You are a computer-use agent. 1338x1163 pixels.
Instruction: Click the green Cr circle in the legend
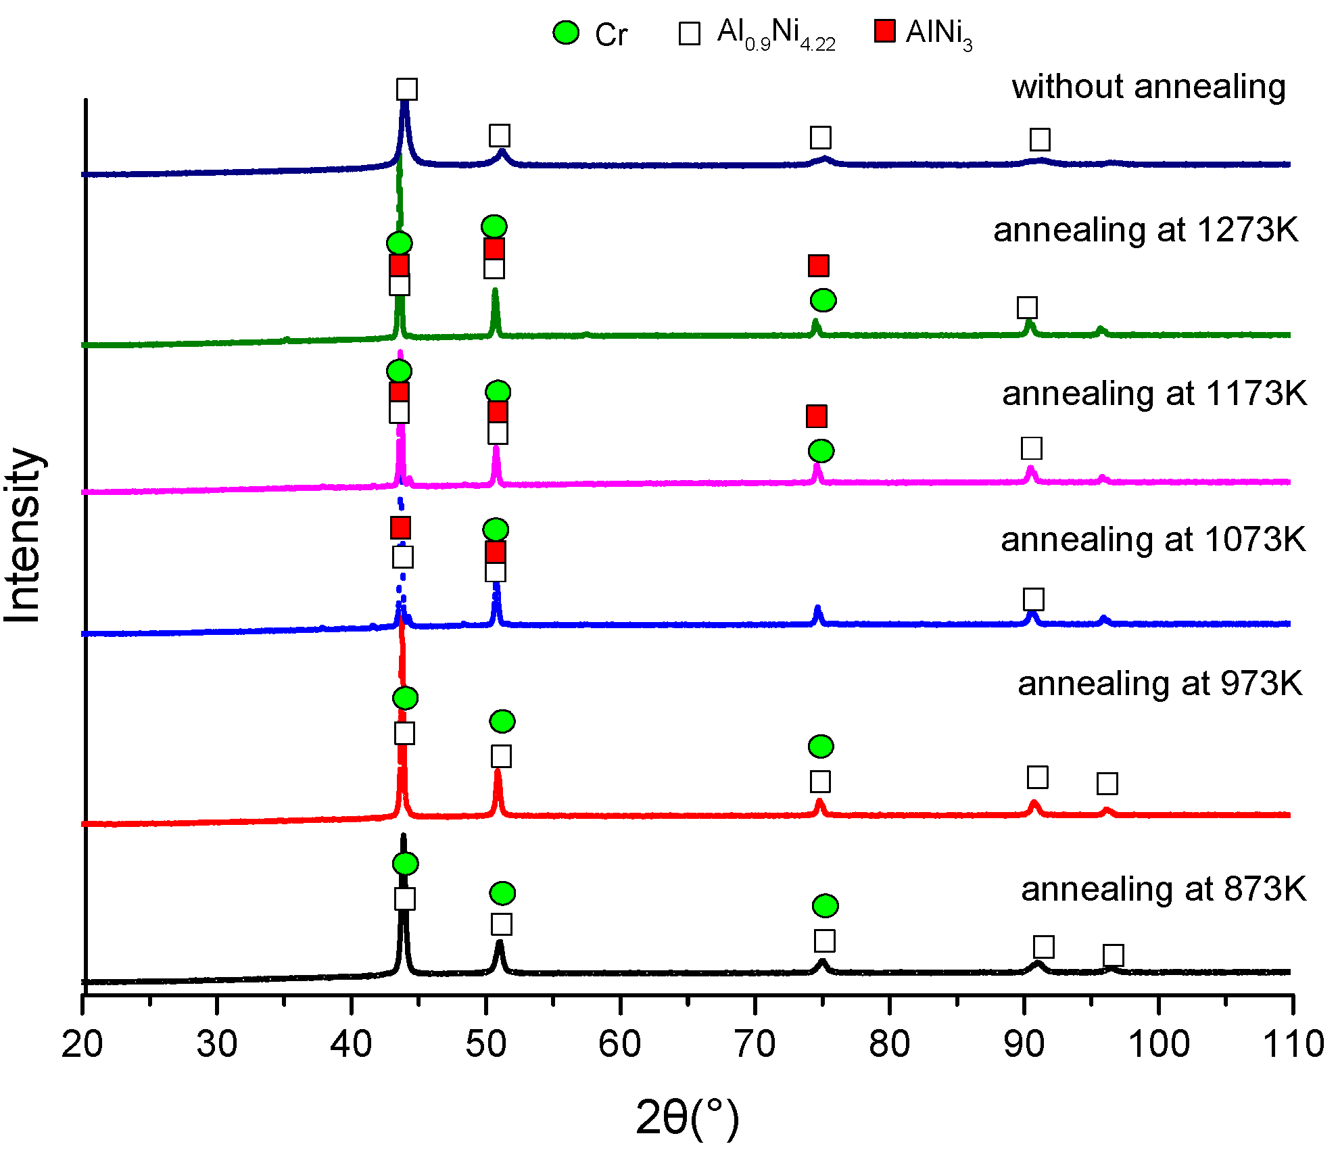565,32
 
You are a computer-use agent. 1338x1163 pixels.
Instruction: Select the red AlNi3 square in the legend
884,31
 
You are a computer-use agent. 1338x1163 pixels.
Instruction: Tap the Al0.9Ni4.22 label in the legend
775,34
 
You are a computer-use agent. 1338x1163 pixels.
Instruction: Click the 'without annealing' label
1148,87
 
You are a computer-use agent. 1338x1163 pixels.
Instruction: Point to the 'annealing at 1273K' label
1145,230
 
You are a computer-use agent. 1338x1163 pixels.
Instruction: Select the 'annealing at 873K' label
1163,888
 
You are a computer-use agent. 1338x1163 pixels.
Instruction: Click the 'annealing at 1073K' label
1153,540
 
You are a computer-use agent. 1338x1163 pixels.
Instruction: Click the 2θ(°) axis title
687,1117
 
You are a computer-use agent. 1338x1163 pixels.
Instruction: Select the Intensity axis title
23,534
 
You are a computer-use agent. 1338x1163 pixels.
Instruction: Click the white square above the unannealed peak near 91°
1040,140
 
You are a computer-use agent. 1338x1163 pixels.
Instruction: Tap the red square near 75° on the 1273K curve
818,266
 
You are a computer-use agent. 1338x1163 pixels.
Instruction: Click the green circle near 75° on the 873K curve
825,905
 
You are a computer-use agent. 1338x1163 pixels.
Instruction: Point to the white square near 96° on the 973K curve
1107,784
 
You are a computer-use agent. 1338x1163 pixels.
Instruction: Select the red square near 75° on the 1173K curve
816,417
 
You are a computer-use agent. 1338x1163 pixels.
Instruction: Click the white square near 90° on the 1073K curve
1033,599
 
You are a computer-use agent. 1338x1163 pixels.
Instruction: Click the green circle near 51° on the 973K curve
502,721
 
